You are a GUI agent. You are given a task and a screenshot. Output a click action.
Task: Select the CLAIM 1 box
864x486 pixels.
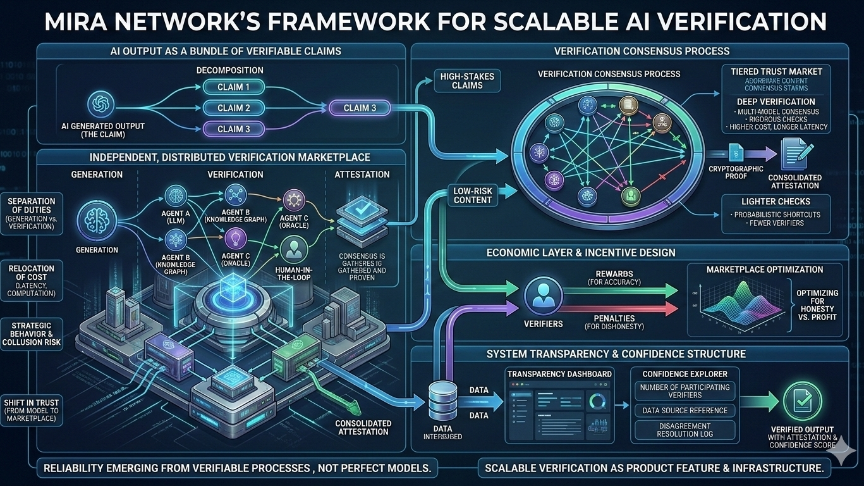pos(234,87)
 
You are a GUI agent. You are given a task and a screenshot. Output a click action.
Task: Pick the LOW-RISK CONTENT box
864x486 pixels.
pos(473,195)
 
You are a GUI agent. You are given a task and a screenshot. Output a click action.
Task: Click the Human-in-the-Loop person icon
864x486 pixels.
pos(292,248)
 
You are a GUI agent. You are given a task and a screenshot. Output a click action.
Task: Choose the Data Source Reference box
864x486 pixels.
pos(685,410)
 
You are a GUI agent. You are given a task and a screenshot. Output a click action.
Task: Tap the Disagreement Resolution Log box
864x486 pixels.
pos(685,430)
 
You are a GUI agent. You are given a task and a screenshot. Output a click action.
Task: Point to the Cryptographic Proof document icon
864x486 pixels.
pos(736,153)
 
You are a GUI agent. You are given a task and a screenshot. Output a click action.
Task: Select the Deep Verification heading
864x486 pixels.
pos(776,101)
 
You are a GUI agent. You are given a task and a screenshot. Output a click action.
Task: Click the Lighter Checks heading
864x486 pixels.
pos(776,201)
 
